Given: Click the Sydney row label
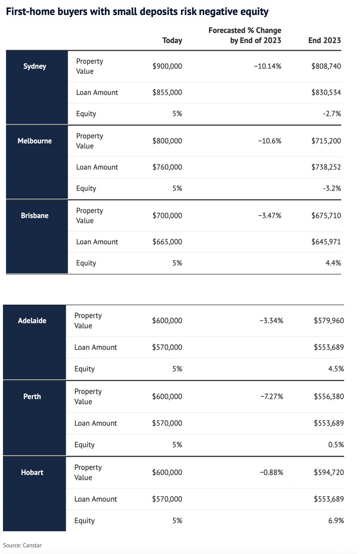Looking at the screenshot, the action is (x=35, y=66).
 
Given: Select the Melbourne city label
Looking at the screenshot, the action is (x=35, y=141).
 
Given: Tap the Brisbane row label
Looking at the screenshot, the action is (x=35, y=215).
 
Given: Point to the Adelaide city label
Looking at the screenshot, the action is (x=32, y=321).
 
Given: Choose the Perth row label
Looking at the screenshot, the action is (x=32, y=396).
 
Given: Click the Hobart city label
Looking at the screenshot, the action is (x=32, y=472).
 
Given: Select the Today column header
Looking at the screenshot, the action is (x=172, y=41).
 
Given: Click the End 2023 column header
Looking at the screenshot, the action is (x=325, y=41).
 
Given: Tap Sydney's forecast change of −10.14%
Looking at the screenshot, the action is (x=268, y=66).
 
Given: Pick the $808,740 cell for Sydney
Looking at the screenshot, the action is (x=326, y=66).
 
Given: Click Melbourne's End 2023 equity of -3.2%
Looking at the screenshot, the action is (x=332, y=188).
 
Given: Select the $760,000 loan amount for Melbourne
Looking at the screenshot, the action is (x=167, y=167).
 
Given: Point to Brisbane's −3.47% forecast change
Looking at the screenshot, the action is (x=270, y=215).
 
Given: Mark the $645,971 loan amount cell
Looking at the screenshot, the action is (x=326, y=242).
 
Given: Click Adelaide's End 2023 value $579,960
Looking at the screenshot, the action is (x=329, y=321).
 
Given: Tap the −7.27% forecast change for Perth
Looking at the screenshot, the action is (x=272, y=396).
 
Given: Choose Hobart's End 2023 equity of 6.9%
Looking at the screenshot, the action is (x=336, y=520).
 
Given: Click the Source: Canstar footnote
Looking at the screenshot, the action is (x=22, y=545).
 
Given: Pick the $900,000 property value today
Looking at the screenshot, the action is (x=167, y=66).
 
